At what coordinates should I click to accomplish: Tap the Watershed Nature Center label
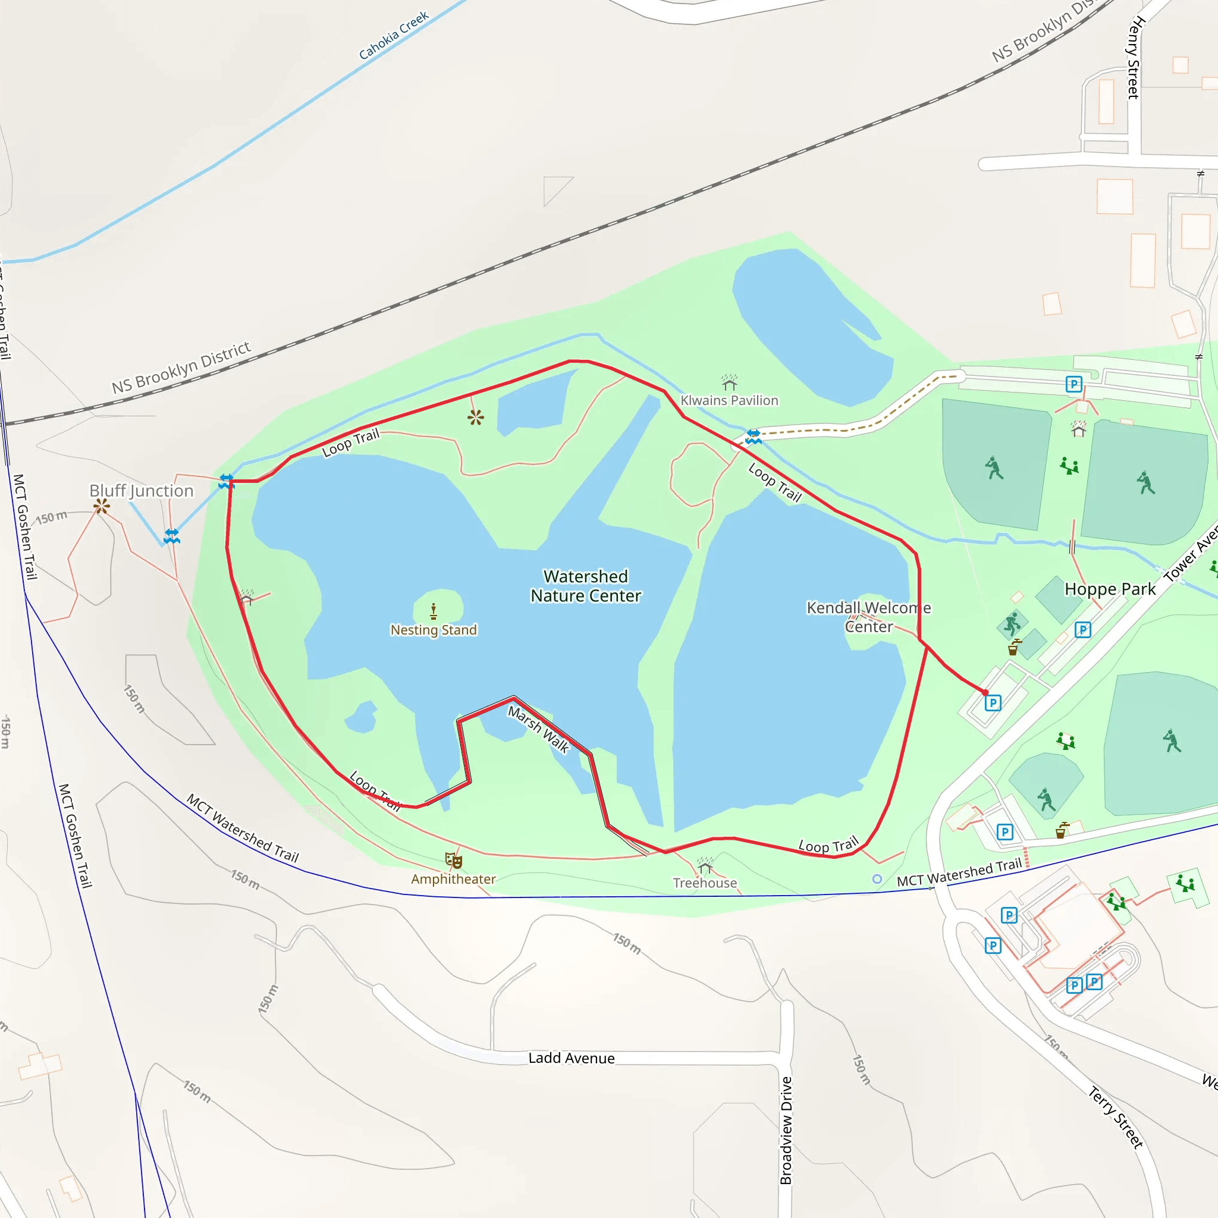click(586, 586)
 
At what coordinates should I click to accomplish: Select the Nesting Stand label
click(433, 630)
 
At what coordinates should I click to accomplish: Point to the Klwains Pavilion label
click(729, 400)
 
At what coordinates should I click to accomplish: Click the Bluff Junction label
click(141, 491)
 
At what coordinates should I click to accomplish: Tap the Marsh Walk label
click(538, 729)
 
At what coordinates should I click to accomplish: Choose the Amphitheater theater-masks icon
click(453, 860)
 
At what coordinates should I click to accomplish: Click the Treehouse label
click(705, 883)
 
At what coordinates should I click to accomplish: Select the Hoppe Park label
click(1110, 589)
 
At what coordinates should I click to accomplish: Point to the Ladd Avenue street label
click(571, 1058)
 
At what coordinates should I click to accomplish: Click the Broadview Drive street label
click(786, 1131)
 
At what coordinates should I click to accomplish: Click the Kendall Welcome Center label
click(869, 617)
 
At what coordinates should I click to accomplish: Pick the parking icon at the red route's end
click(993, 702)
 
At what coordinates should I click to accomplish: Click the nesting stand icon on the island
click(433, 610)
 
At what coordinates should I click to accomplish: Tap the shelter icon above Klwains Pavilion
click(729, 382)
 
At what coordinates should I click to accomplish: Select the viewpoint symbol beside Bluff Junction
click(102, 506)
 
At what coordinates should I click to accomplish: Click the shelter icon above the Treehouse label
click(705, 865)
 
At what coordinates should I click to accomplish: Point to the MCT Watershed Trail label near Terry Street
click(959, 872)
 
